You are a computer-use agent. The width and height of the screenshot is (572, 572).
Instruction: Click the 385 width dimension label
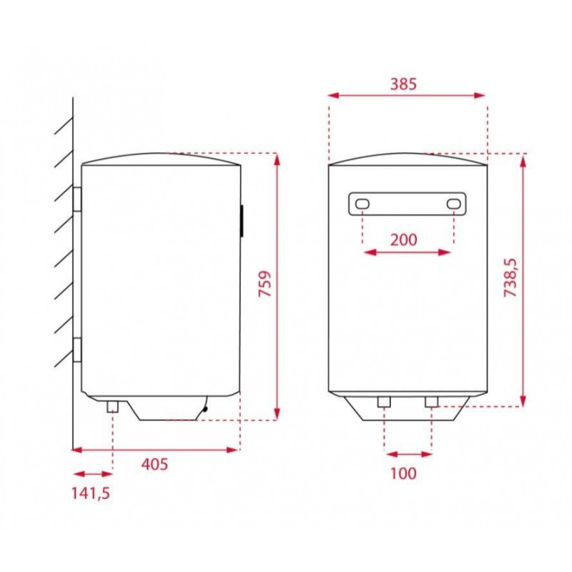[403, 84]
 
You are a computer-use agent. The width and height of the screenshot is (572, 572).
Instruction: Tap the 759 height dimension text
[265, 283]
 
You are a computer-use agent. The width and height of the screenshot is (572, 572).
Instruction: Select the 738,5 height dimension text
[511, 277]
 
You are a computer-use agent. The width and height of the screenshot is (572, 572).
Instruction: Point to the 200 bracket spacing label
[403, 240]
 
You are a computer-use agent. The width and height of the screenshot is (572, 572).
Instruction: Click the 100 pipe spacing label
[403, 473]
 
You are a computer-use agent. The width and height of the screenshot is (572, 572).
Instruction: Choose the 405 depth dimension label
[154, 464]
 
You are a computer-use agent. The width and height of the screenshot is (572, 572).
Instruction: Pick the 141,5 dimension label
[90, 493]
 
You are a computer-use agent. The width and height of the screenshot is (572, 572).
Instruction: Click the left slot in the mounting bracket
[363, 204]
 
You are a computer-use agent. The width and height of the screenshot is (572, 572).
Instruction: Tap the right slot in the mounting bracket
[454, 204]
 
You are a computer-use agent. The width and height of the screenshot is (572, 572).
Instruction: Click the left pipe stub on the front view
[384, 402]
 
